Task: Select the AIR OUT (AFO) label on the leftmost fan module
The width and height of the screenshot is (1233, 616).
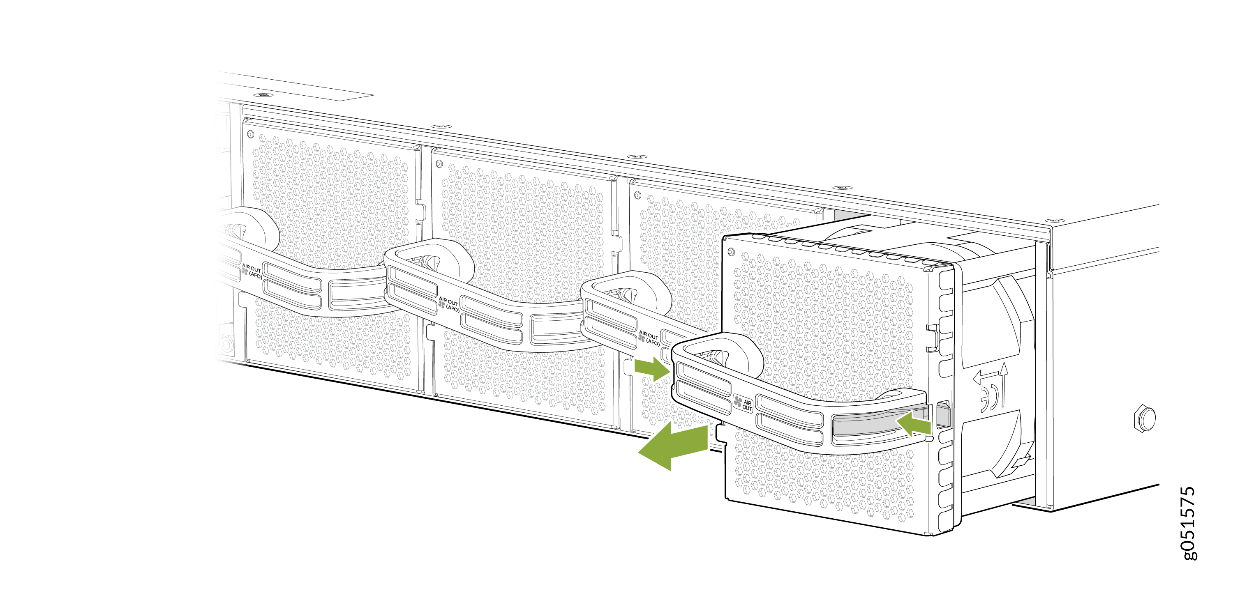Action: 252,271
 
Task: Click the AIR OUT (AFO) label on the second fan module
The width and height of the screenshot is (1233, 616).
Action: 449,304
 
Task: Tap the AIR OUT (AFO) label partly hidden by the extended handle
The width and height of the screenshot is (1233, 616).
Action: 649,337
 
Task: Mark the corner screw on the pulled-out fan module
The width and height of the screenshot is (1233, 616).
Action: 731,252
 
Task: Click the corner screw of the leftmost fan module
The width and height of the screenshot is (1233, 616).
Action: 250,134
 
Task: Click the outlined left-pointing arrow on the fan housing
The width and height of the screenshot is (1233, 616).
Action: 985,378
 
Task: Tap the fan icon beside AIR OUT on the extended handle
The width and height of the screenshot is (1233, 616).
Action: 738,402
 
